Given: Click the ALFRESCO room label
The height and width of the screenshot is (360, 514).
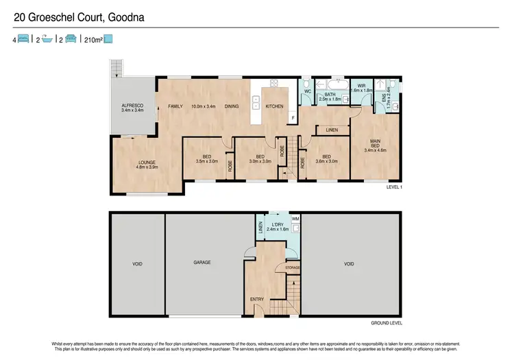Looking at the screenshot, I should (x=132, y=107).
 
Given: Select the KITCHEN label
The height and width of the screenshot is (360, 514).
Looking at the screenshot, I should (x=274, y=106).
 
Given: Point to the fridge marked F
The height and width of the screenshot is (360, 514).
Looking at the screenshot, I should (x=293, y=118).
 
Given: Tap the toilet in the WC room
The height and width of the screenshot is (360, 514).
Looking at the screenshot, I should (x=306, y=86).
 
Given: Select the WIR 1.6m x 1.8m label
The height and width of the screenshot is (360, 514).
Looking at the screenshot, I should (x=361, y=88).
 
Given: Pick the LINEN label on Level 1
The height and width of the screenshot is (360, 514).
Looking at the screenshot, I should (x=332, y=129).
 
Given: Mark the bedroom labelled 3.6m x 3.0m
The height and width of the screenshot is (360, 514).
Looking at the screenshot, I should (x=326, y=159).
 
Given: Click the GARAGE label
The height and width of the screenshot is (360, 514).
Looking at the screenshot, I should (x=201, y=263).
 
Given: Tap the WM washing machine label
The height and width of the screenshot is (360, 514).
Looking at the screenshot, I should (x=295, y=219).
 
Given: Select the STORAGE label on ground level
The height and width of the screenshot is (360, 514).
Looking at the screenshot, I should (x=293, y=267).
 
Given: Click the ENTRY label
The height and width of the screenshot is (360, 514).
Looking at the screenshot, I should (x=257, y=299).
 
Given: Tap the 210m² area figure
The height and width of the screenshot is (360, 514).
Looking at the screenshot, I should (x=93, y=39).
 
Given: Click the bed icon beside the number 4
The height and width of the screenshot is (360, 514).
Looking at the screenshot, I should (x=23, y=39).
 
